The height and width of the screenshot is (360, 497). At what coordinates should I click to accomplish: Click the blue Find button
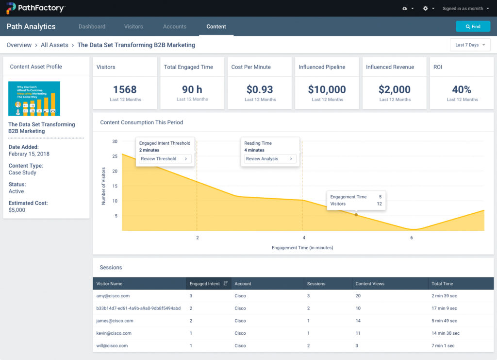pos(473,26)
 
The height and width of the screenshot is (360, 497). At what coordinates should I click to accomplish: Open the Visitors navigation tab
pos(133,27)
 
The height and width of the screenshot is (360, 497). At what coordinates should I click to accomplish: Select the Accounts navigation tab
pos(175,27)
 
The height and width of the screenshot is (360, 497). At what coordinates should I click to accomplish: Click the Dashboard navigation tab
pos(92,27)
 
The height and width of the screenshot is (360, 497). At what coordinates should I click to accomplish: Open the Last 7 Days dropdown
pos(470,45)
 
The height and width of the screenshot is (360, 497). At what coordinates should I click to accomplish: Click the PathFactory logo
pos(35,8)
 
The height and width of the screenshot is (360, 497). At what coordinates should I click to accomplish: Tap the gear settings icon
pos(426,8)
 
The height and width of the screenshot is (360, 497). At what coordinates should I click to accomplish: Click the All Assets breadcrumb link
pos(54,45)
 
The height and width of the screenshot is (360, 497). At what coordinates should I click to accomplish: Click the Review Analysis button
pos(270,159)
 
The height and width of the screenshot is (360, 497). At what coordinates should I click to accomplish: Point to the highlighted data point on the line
pos(356,215)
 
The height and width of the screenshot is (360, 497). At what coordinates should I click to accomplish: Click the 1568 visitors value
pos(125,89)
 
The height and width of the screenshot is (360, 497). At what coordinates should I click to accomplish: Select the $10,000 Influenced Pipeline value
pos(327,89)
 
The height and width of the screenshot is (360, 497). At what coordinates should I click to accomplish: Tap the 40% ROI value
pos(462,89)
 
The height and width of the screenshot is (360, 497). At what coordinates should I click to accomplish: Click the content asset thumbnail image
pos(34,99)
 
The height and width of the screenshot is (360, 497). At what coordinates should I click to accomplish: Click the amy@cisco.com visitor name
pos(113,296)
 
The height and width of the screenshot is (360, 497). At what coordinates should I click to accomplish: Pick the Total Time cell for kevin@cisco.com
pos(446,333)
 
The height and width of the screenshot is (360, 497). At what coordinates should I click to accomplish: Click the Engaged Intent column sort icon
pos(226,284)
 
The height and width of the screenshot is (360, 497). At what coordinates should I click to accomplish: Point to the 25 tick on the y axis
pos(115,156)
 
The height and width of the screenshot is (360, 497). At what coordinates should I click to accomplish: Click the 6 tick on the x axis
pos(412,238)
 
